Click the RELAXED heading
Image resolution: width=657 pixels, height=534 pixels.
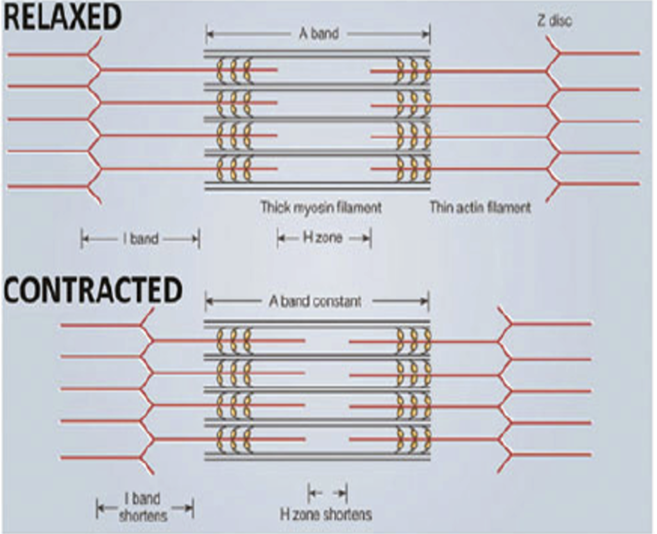62,17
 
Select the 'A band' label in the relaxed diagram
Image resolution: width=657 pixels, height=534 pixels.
319,34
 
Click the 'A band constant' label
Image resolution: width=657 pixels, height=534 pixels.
315,301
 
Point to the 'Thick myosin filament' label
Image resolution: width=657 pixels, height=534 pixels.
321,208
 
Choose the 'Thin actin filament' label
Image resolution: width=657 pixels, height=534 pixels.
480,208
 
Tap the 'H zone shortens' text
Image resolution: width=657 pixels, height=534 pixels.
326,514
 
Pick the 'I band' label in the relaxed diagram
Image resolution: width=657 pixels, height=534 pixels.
140,240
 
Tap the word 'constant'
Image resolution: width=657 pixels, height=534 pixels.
338,301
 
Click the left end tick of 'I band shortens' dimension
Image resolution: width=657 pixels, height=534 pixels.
98,509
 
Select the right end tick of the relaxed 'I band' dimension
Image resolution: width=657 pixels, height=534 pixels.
199,240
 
